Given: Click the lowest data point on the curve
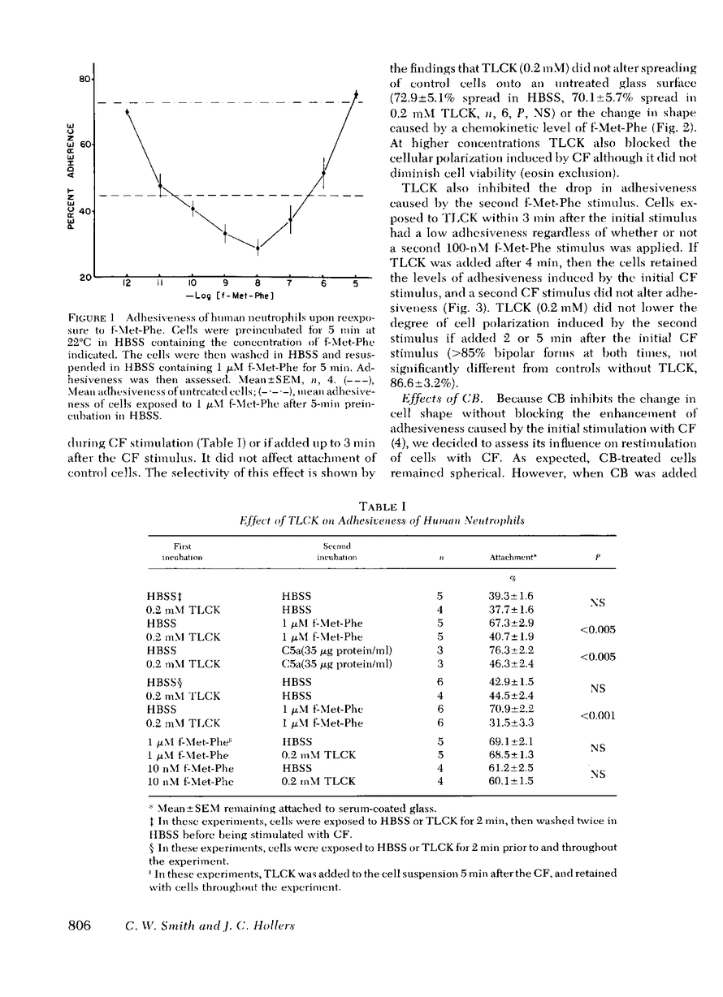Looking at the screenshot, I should (258, 248).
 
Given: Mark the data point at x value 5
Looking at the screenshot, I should (355, 94).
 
